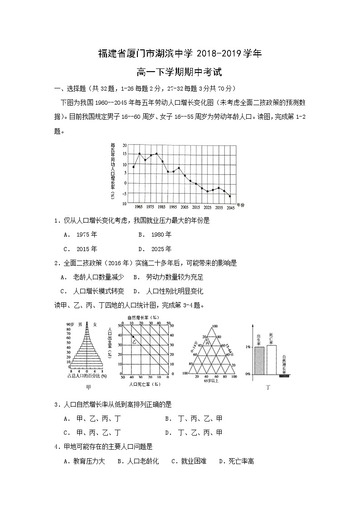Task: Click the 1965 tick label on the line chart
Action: coord(138,207)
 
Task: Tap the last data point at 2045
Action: coord(230,196)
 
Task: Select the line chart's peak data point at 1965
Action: coord(139,154)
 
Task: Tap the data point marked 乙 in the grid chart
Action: coord(133,337)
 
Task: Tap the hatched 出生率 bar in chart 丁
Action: coord(259,360)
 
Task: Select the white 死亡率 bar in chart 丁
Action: coord(271,359)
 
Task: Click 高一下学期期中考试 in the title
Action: coord(180,72)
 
